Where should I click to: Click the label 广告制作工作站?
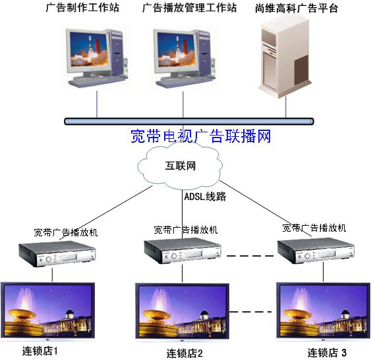pyautogui.click(x=82, y=8)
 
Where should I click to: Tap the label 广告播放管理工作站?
pyautogui.click(x=189, y=8)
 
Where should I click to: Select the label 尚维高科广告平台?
pyautogui.click(x=297, y=9)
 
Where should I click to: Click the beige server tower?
pyautogui.click(x=285, y=57)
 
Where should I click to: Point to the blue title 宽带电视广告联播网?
pyautogui.click(x=201, y=136)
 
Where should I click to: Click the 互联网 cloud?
pyautogui.click(x=180, y=166)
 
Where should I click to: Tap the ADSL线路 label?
pyautogui.click(x=206, y=197)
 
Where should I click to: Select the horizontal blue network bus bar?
pyautogui.click(x=189, y=121)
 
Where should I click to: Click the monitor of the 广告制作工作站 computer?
pyautogui.click(x=88, y=52)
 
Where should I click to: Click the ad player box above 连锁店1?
pyautogui.click(x=57, y=254)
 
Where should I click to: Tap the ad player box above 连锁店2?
pyautogui.click(x=183, y=251)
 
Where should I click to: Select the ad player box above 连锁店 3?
pyautogui.click(x=316, y=251)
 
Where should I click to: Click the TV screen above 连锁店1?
pyautogui.click(x=48, y=311)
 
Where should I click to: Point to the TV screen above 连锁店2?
pyautogui.click(x=183, y=312)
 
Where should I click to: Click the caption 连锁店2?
pyautogui.click(x=185, y=353)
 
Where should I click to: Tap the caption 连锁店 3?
pyautogui.click(x=327, y=352)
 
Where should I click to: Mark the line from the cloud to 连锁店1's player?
pyautogui.click(x=105, y=213)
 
